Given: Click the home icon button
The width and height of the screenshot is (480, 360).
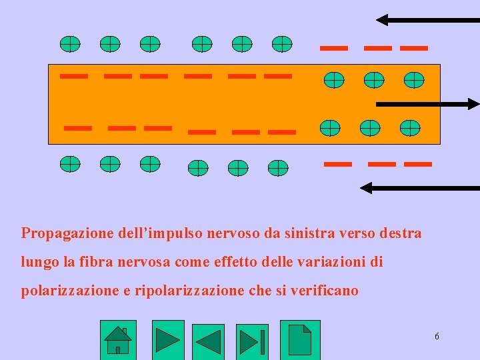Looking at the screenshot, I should pyautogui.click(x=118, y=340).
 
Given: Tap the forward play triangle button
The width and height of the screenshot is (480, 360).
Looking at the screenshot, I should pyautogui.click(x=168, y=340).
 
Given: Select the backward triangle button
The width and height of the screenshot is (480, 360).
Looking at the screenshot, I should pyautogui.click(x=208, y=342).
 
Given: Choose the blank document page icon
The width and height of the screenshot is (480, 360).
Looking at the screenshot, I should pyautogui.click(x=300, y=339).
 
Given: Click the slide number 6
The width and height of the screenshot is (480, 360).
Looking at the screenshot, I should pyautogui.click(x=437, y=337).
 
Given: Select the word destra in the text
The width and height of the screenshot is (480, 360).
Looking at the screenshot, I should pyautogui.click(x=400, y=233).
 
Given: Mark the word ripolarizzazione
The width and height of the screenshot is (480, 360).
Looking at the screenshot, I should pyautogui.click(x=183, y=291).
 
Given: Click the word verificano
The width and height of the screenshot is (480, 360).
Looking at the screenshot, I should pyautogui.click(x=327, y=291).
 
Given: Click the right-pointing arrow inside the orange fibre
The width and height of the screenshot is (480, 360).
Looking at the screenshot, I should pyautogui.click(x=427, y=104).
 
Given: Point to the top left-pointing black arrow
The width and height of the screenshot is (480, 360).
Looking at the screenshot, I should pyautogui.click(x=427, y=20).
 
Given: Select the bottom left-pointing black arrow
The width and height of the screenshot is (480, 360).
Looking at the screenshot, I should pyautogui.click(x=419, y=189).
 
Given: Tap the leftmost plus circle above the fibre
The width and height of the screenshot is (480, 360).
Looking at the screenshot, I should pyautogui.click(x=70, y=44).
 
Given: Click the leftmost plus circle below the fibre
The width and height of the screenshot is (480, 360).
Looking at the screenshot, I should pyautogui.click(x=70, y=163).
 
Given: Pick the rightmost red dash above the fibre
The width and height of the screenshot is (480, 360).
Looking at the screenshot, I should pyautogui.click(x=414, y=48).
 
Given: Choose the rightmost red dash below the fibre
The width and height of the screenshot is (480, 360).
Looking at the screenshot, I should pyautogui.click(x=418, y=163).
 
